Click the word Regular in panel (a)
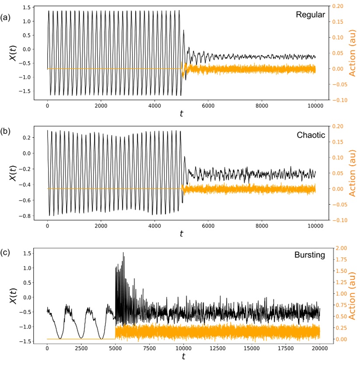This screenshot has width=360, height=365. point(310,14)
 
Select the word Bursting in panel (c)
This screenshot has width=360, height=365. point(310,255)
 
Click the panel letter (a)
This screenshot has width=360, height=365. point(5,17)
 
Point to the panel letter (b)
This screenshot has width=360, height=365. point(5,130)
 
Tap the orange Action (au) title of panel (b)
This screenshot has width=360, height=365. point(353,173)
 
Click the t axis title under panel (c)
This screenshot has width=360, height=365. point(183,357)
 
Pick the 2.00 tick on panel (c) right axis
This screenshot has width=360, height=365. point(340,248)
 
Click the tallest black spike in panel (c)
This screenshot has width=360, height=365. point(123,253)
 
